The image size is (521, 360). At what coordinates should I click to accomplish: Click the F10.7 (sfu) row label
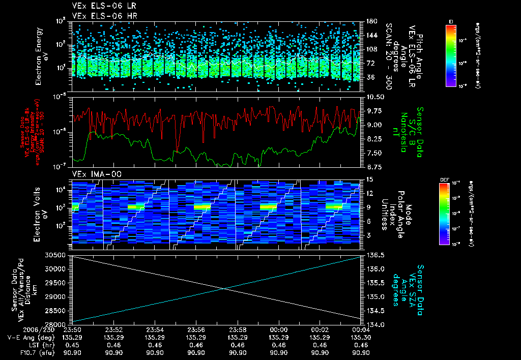(x=20, y=352)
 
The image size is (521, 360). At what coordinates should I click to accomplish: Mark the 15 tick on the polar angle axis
(x=369, y=179)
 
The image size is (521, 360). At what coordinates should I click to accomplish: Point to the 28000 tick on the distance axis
(x=57, y=324)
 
